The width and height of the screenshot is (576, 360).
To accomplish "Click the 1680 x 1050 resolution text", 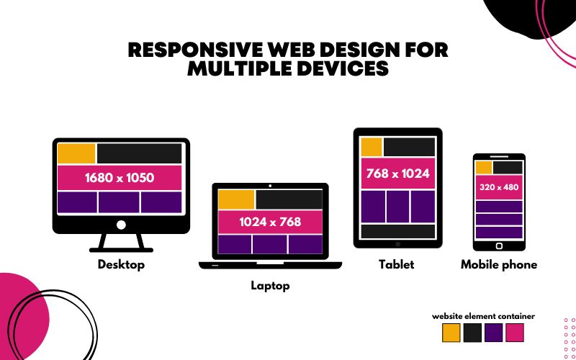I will click(x=120, y=177).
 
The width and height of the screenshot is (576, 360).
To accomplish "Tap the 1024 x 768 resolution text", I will click(x=270, y=222).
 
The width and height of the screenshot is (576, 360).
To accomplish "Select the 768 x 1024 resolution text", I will click(x=397, y=174).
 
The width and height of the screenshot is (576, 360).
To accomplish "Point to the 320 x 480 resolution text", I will click(x=498, y=187).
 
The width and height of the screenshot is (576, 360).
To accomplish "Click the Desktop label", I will click(x=121, y=264).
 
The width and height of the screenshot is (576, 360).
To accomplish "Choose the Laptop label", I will click(x=270, y=286).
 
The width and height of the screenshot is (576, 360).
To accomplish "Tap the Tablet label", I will click(x=397, y=264).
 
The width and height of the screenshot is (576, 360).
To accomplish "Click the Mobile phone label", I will click(x=499, y=264).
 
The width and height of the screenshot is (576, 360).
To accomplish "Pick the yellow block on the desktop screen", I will click(x=76, y=153).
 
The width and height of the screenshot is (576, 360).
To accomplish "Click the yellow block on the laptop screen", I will click(x=236, y=199).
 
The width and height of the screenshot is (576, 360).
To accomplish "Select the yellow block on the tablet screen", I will click(x=372, y=147).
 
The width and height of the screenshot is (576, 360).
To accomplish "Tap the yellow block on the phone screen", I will click(x=484, y=168).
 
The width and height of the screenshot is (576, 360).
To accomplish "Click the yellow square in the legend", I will click(x=451, y=333).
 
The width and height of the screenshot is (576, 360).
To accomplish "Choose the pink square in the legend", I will click(x=515, y=333).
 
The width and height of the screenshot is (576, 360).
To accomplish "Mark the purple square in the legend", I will click(x=493, y=333).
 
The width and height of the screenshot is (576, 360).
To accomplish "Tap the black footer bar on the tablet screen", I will click(x=398, y=232).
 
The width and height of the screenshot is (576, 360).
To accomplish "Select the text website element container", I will click(x=483, y=316).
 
